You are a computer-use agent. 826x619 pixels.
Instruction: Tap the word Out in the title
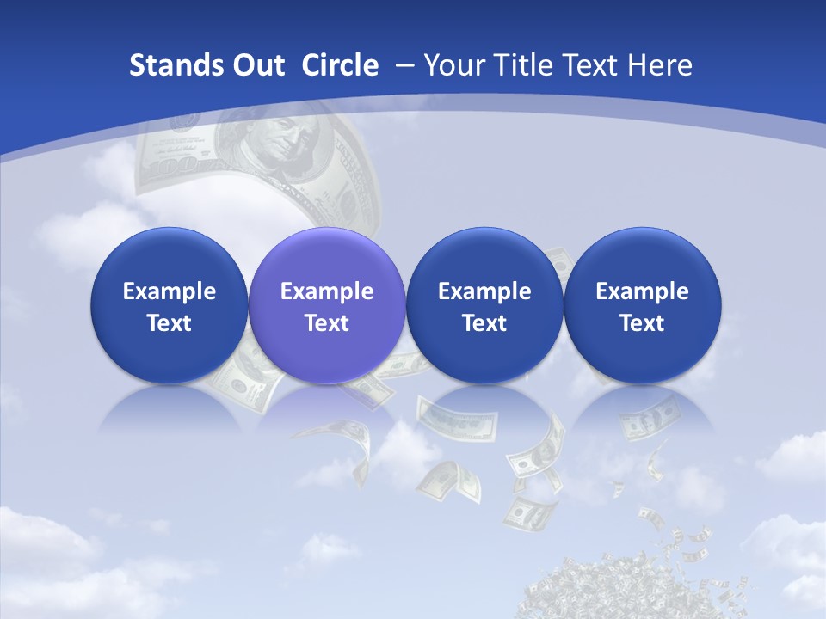[x=256, y=65]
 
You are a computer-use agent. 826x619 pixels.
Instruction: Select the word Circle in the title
[x=340, y=65]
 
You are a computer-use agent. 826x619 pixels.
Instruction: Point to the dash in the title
[x=404, y=66]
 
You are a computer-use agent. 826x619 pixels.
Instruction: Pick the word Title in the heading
[x=526, y=65]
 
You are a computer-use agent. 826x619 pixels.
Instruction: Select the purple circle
[x=327, y=305]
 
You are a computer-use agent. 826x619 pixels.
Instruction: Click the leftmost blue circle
[x=169, y=305]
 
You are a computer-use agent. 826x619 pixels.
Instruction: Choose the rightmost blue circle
[x=643, y=305]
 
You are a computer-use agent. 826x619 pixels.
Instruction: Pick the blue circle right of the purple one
[x=484, y=305]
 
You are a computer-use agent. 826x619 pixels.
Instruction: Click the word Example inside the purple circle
[x=327, y=291]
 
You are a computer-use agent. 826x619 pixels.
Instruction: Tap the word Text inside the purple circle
[x=327, y=323]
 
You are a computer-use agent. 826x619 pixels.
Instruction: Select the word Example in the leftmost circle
[x=169, y=291]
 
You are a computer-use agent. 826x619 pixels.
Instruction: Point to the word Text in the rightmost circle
[x=643, y=323]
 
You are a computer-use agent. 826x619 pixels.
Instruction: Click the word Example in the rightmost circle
[x=643, y=291]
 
